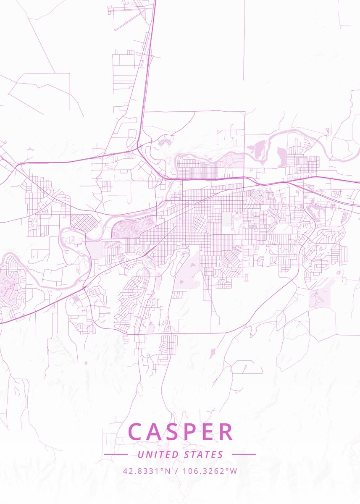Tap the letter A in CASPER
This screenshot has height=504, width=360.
click(157, 432)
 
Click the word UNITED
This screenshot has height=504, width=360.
click(159, 454)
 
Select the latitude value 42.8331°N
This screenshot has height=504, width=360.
click(147, 471)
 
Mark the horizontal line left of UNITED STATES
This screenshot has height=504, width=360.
click(116, 454)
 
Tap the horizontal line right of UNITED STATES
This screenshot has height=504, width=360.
click(244, 454)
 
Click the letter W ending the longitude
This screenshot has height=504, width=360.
click(234, 471)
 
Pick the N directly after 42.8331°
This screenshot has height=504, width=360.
click(168, 471)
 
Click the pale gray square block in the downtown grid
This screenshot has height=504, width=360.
click(227, 218)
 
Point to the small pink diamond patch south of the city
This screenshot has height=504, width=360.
click(212, 353)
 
